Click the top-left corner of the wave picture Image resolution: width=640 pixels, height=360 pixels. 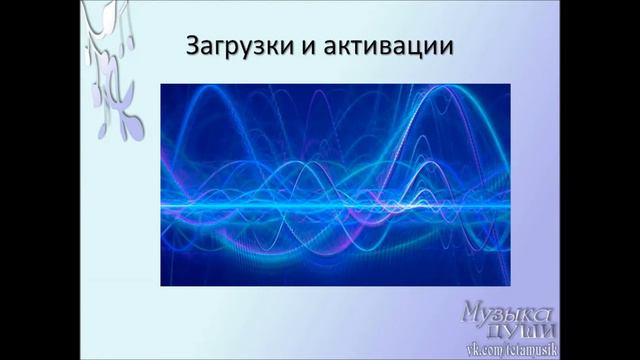pyautogui.click(x=161, y=83)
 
